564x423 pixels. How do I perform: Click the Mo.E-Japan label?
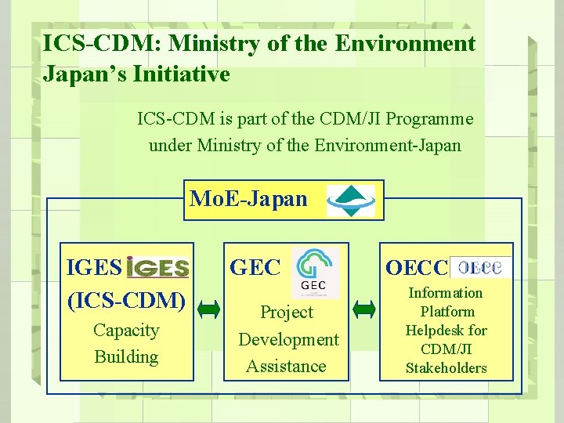coord(248,199)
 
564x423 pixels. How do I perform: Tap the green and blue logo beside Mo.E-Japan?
coord(350,200)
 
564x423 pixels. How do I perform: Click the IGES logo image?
coord(157,268)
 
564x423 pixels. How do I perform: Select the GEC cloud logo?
coord(316,272)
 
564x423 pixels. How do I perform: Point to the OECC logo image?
coord(480,267)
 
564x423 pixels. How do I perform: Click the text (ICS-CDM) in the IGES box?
coord(127,300)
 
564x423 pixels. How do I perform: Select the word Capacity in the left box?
coord(126,331)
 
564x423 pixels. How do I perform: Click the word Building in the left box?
coord(126,357)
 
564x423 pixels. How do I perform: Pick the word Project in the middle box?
coord(286,313)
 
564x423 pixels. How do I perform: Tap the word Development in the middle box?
coord(288,339)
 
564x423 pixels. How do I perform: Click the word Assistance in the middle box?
coord(286,366)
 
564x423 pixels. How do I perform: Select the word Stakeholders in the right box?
coord(446,368)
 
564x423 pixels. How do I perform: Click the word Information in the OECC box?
coord(446,293)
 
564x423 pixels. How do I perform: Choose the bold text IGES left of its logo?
coord(94,268)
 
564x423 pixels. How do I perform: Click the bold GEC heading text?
coord(255,268)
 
